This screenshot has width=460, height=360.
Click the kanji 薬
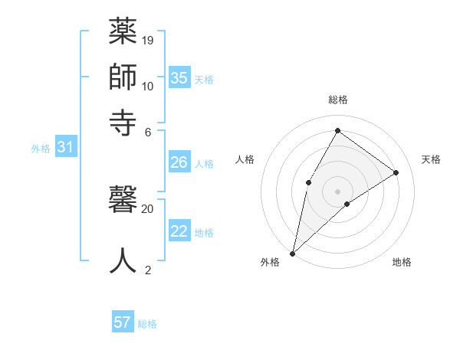click(123, 33)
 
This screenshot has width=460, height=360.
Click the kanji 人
click(123, 260)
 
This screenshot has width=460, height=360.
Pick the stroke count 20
click(148, 208)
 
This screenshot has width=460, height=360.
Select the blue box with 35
click(179, 78)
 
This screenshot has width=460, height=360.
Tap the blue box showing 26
click(179, 162)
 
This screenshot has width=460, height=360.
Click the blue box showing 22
click(179, 231)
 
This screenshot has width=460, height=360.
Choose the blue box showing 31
click(65, 148)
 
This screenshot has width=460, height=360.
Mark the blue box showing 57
click(123, 322)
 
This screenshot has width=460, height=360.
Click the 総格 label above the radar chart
click(338, 100)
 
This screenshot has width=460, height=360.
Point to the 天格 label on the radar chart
click(431, 159)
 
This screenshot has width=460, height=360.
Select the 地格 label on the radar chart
click(402, 262)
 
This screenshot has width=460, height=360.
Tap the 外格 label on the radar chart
click(270, 262)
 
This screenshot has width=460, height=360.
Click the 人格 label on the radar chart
click(245, 159)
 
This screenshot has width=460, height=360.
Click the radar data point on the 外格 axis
click(292, 254)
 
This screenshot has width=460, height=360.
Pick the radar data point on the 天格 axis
click(396, 173)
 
